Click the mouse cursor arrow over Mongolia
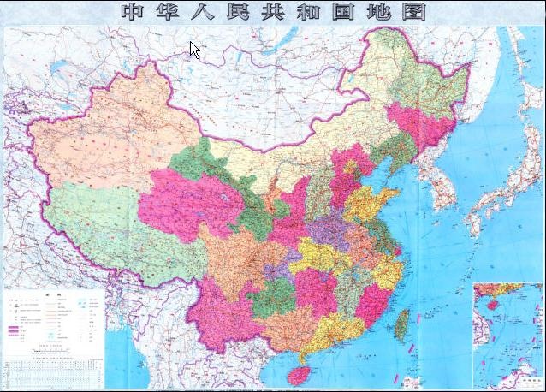[x=194, y=50]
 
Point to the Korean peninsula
[x=441, y=184]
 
